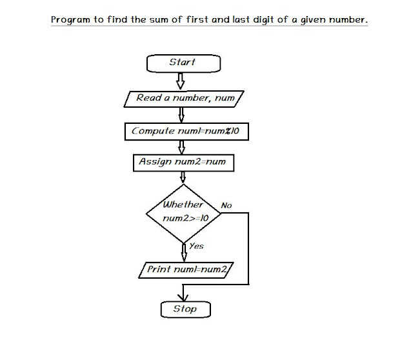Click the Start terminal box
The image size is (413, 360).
tap(183, 63)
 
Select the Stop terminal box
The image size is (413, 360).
tap(185, 310)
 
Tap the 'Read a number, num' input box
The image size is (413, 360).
tap(184, 99)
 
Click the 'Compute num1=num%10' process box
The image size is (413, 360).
tap(186, 131)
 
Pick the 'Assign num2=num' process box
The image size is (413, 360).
tap(183, 162)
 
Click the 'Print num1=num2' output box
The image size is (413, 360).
tap(186, 270)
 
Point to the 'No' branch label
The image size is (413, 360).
tap(226, 205)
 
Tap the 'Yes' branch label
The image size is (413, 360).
tap(196, 246)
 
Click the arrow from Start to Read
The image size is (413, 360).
tap(181, 81)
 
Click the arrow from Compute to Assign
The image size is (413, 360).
tap(182, 146)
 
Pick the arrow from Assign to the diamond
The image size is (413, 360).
tap(183, 177)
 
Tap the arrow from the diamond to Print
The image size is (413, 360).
tap(184, 250)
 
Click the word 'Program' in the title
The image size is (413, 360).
tap(71, 20)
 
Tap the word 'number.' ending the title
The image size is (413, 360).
tap(348, 20)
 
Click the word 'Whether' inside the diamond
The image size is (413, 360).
tap(183, 205)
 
